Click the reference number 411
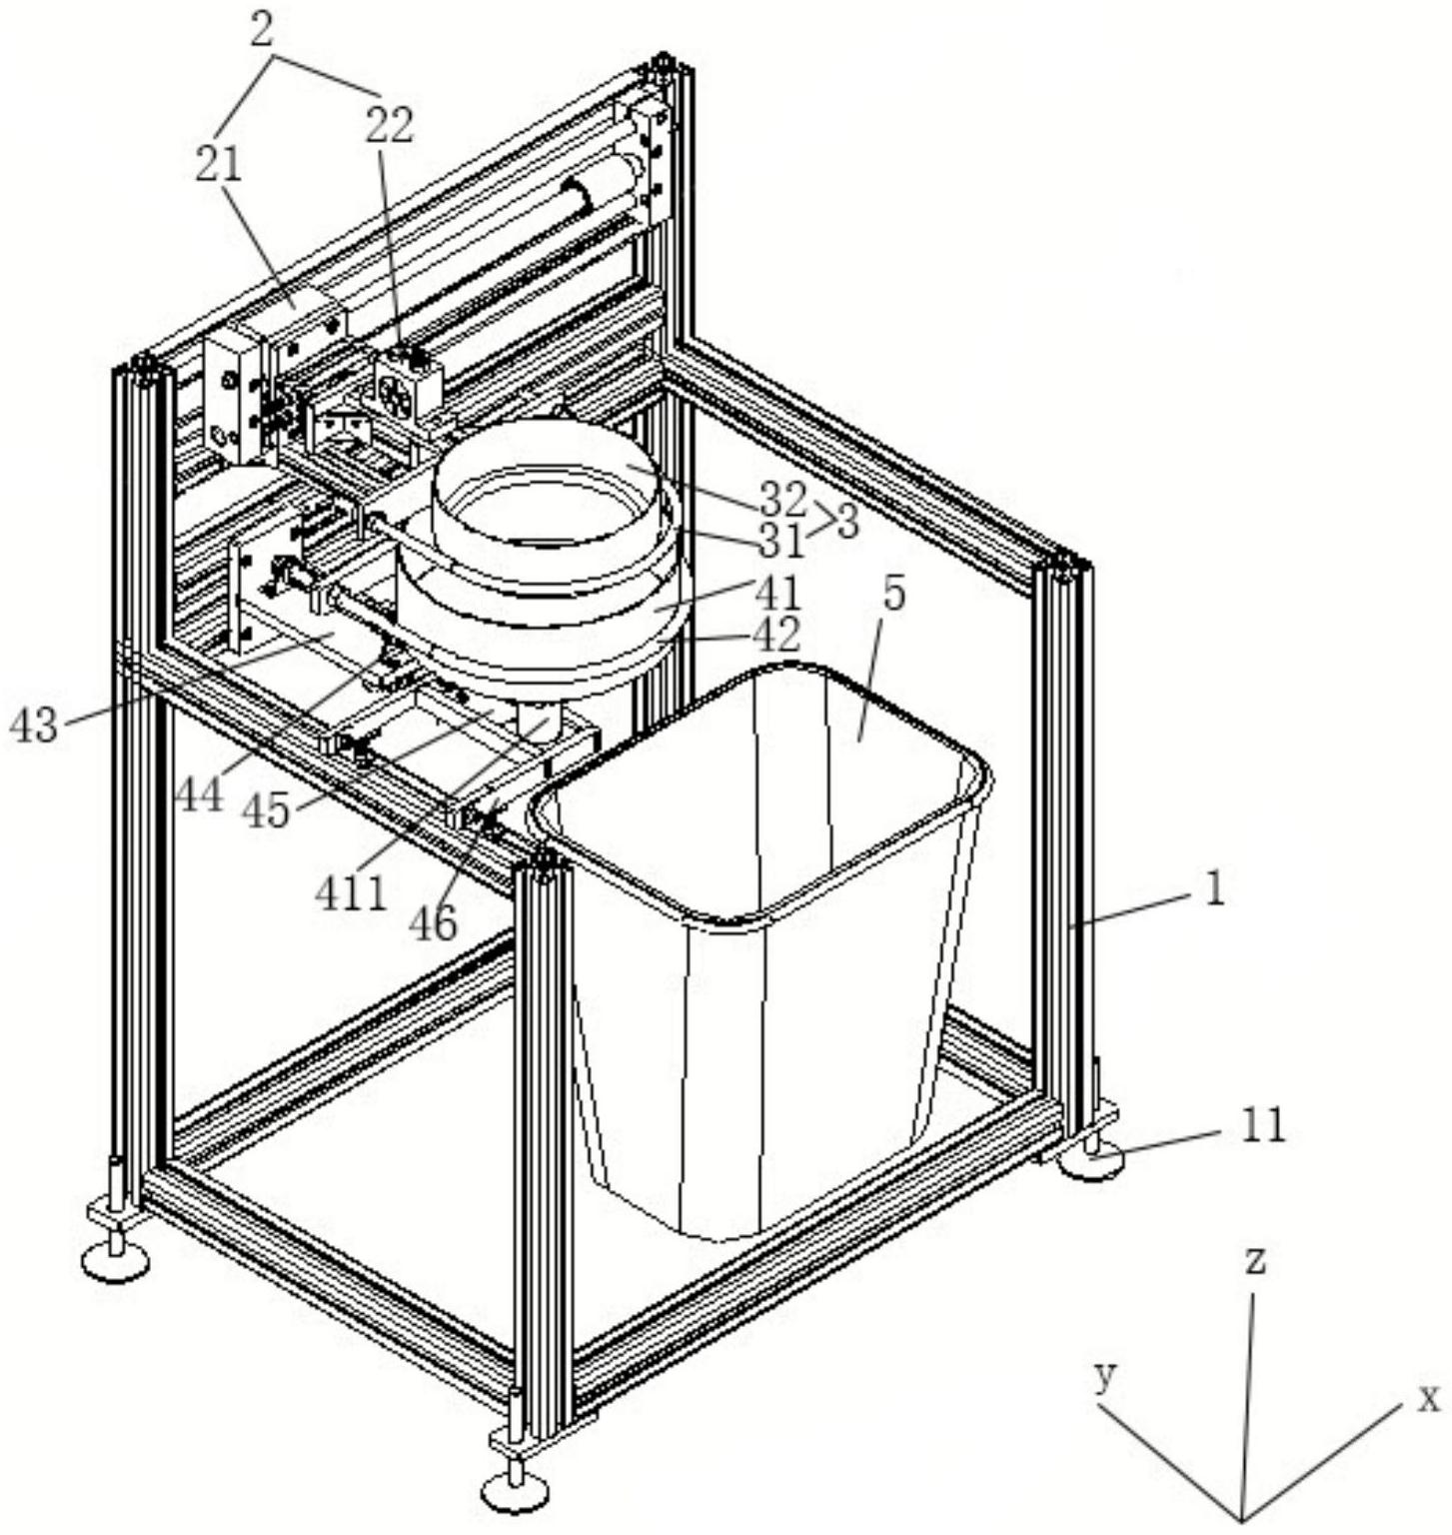(351, 892)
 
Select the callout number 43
(33, 726)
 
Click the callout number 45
(267, 810)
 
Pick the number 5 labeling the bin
(893, 594)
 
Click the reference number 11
(1261, 1126)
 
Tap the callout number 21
(219, 164)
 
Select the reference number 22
(389, 126)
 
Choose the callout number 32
(782, 497)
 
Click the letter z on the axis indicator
(1255, 1260)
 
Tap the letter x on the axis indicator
(1430, 1396)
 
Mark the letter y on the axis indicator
(1104, 1377)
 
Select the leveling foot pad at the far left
(115, 1261)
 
